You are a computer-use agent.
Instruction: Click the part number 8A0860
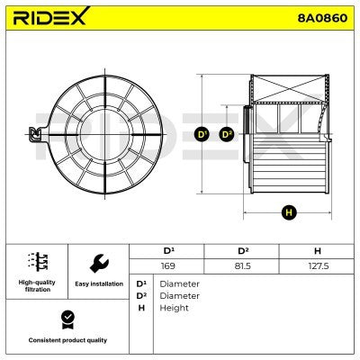point(322,18)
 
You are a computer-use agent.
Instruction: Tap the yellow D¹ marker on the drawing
point(202,134)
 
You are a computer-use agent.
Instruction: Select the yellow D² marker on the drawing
point(226,134)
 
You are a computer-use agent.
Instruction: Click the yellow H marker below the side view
point(289,212)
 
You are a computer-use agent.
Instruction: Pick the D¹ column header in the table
point(168,250)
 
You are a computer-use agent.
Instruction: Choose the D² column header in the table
point(243,250)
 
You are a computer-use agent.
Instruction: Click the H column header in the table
point(318,251)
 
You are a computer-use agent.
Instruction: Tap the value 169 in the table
point(168,265)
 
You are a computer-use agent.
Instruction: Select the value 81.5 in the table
point(242,265)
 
